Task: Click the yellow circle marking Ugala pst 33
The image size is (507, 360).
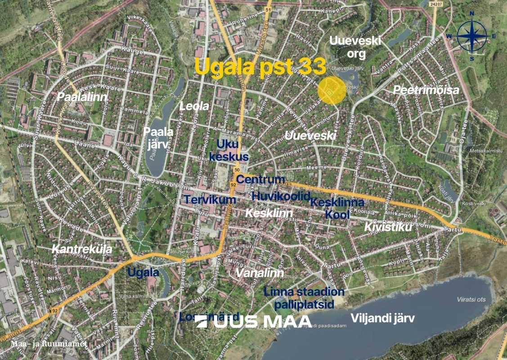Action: [332, 91]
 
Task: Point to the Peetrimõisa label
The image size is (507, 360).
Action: [426, 90]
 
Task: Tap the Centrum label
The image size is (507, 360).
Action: [260, 180]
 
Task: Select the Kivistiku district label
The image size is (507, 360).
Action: [388, 227]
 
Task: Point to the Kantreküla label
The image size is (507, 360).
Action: [82, 249]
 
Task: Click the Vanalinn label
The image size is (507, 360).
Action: [260, 273]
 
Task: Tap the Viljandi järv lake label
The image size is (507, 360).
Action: [382, 318]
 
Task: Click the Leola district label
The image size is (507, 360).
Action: [194, 106]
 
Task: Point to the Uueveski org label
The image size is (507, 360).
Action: [355, 47]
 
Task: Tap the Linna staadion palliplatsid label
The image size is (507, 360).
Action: [304, 298]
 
